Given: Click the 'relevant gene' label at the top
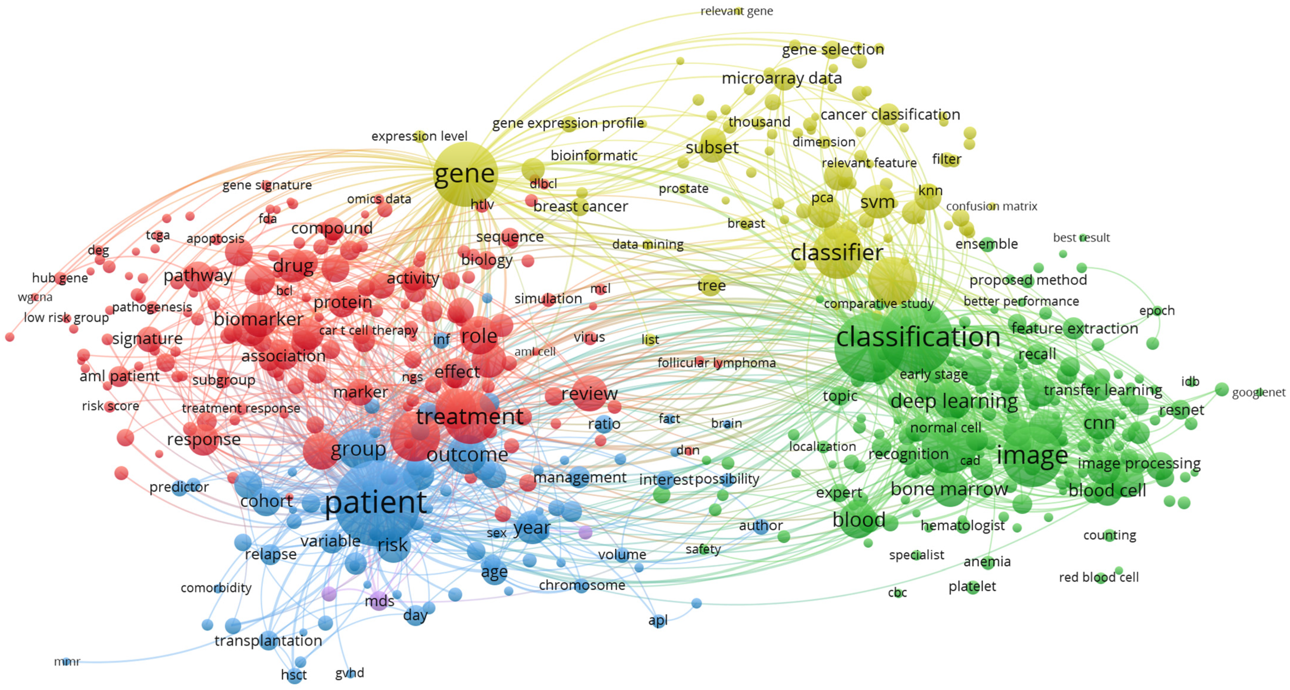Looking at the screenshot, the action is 736,11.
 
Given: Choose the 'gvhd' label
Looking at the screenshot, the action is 350,673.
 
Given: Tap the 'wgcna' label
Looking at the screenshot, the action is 35,297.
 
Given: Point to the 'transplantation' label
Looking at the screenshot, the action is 268,640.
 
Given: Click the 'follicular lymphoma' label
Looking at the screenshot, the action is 716,362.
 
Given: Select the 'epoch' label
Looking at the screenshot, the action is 1157,310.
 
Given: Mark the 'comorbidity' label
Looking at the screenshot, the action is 216,587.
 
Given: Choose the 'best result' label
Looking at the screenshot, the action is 1081,238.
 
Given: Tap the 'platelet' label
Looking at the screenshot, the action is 972,586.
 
